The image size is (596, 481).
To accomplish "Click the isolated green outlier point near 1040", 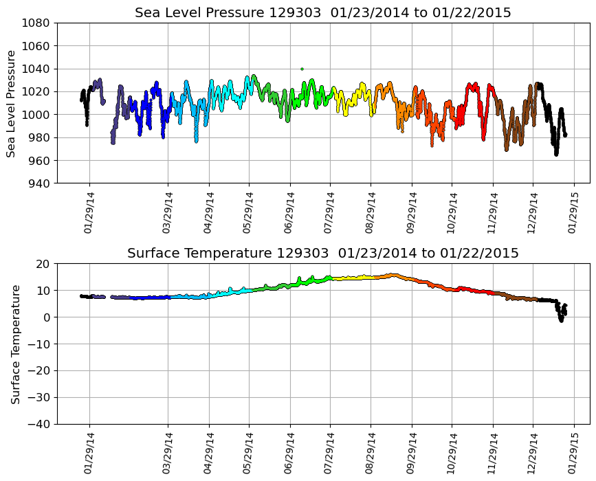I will (x=302, y=69).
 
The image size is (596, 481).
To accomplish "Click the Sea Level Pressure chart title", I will (x=322, y=13).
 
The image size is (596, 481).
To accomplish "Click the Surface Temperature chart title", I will (x=322, y=254).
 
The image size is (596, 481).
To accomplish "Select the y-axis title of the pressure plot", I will (x=12, y=103).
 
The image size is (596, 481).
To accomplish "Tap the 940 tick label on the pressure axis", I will (x=38, y=183).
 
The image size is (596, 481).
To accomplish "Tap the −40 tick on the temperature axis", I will (x=41, y=424).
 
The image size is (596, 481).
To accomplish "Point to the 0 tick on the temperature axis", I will (x=47, y=317).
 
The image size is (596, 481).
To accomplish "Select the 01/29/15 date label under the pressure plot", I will (x=573, y=212).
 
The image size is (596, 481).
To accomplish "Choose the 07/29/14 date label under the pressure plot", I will (x=330, y=212).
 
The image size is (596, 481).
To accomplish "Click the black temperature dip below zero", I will (x=561, y=320).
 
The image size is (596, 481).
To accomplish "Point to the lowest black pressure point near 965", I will (x=556, y=154).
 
